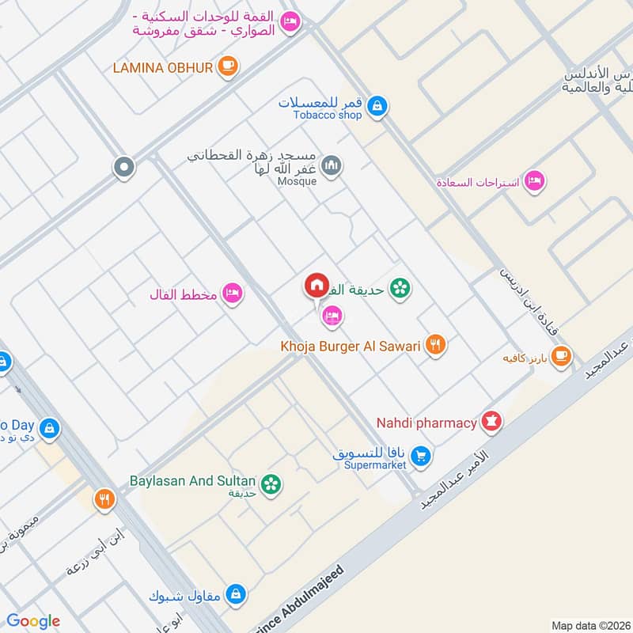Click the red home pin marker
(316, 286)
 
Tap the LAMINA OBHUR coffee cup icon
(228, 67)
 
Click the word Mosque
(298, 181)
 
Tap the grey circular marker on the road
(124, 167)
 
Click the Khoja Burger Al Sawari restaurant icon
(434, 345)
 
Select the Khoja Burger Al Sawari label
(350, 346)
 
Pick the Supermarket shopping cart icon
(421, 456)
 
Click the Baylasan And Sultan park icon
(271, 483)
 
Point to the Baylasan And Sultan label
(192, 480)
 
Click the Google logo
(33, 621)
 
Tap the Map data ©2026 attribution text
(589, 625)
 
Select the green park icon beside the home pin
(400, 289)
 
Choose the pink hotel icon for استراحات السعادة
(535, 182)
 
